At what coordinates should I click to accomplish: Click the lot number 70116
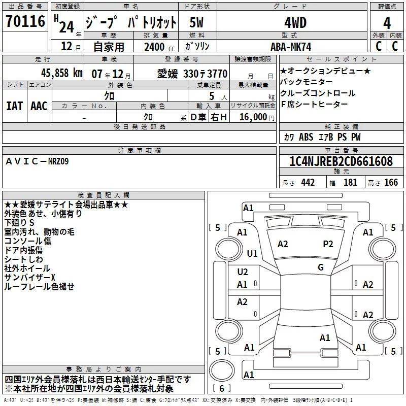click(x=25, y=21)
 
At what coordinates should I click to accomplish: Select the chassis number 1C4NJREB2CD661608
click(x=341, y=161)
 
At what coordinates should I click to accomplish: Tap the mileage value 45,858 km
click(x=62, y=73)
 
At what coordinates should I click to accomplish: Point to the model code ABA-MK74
click(x=291, y=47)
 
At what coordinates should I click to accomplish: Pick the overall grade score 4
click(x=387, y=23)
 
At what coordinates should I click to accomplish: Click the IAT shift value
click(x=14, y=106)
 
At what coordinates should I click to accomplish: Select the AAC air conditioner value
click(x=39, y=106)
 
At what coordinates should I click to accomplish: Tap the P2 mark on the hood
click(x=328, y=244)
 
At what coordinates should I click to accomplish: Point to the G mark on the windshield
click(x=321, y=267)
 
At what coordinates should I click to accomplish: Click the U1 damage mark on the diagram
click(x=252, y=253)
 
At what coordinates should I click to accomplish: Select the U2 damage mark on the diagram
click(x=243, y=272)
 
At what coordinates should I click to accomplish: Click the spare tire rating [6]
click(x=222, y=388)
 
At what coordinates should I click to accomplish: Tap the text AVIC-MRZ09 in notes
click(x=37, y=161)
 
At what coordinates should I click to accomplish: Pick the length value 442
click(x=308, y=183)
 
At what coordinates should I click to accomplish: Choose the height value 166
click(x=391, y=183)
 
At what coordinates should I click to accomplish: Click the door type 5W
click(x=196, y=22)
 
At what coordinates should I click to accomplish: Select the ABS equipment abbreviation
click(x=306, y=137)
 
